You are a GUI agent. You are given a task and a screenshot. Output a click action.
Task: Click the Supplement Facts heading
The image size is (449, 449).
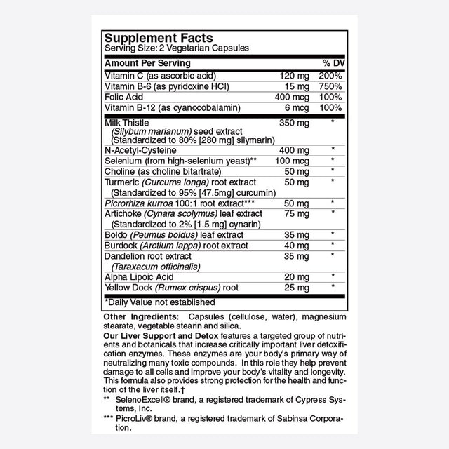click(159, 37)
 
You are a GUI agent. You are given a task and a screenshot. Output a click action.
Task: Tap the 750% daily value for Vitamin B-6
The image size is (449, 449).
click(331, 86)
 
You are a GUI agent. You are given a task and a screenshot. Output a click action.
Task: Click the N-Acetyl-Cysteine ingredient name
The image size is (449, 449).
click(140, 150)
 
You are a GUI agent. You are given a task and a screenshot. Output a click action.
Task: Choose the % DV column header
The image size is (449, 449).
click(331, 63)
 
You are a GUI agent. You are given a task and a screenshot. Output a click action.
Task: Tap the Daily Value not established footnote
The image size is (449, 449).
click(160, 302)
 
